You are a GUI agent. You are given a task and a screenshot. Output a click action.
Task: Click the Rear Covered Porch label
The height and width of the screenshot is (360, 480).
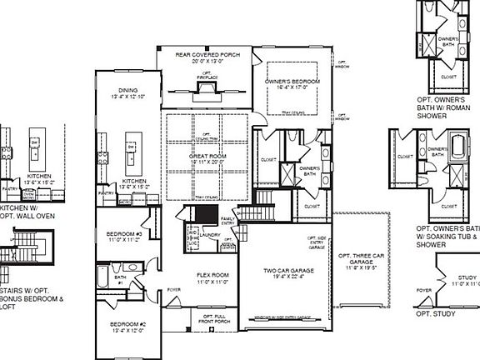point(207,57)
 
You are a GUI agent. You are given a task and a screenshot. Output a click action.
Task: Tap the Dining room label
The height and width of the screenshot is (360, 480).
point(127,92)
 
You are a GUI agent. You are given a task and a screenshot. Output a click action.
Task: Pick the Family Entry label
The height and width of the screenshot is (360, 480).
point(227,220)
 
